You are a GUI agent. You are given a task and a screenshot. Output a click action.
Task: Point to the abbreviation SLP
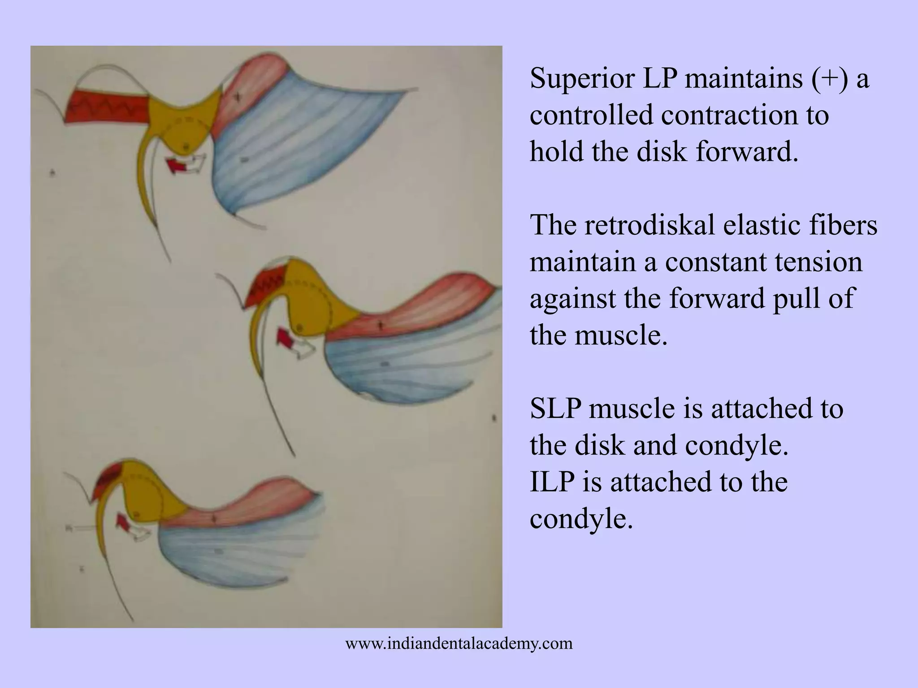click(x=555, y=408)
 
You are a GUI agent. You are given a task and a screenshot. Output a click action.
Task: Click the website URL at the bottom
click(x=459, y=644)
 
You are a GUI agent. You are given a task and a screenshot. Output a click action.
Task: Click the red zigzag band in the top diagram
click(x=108, y=107)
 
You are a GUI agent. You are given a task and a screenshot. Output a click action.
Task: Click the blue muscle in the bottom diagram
click(x=233, y=551)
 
